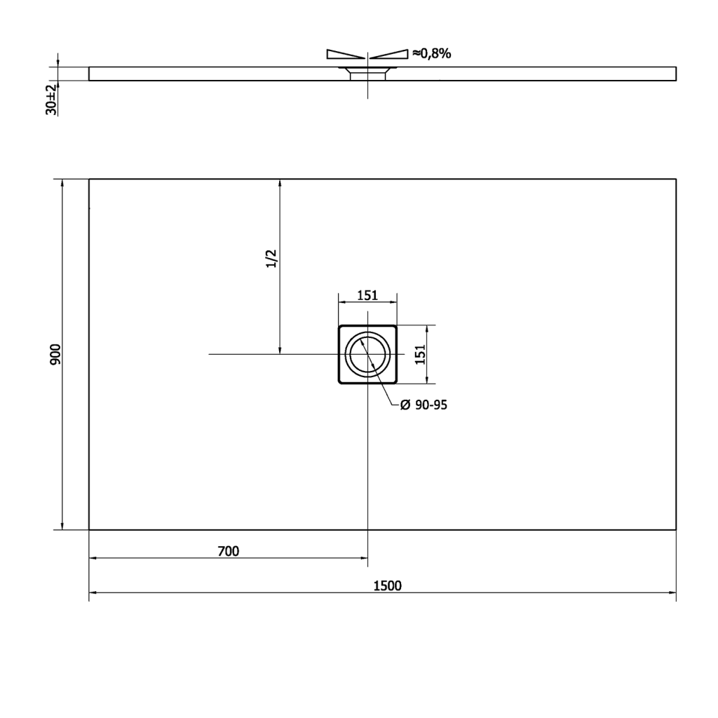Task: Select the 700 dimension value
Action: pos(228,551)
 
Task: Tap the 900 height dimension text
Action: pos(56,355)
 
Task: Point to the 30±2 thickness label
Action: pos(50,99)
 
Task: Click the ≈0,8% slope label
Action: pos(431,53)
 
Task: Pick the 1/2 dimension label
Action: pos(272,258)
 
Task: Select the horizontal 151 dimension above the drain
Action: pos(367,295)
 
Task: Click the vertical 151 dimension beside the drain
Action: pos(420,355)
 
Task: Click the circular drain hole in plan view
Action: pos(367,355)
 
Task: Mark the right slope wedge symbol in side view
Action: pos(389,54)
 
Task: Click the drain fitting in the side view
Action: pos(367,72)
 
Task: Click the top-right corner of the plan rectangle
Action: pos(676,179)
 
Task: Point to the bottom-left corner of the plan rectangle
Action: pos(89,529)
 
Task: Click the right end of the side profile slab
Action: pos(675,74)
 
